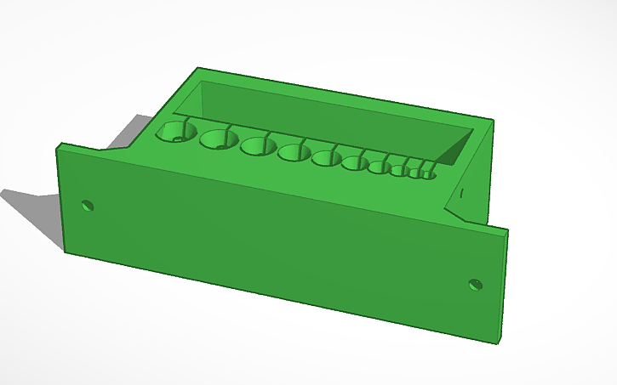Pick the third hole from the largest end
[256, 146]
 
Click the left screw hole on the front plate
[87, 205]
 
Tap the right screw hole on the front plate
[476, 284]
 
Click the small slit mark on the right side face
[460, 194]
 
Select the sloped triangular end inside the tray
[454, 150]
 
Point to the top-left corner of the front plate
[58, 147]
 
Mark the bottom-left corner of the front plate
[66, 251]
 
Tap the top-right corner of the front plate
[508, 229]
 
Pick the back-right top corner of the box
[492, 121]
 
